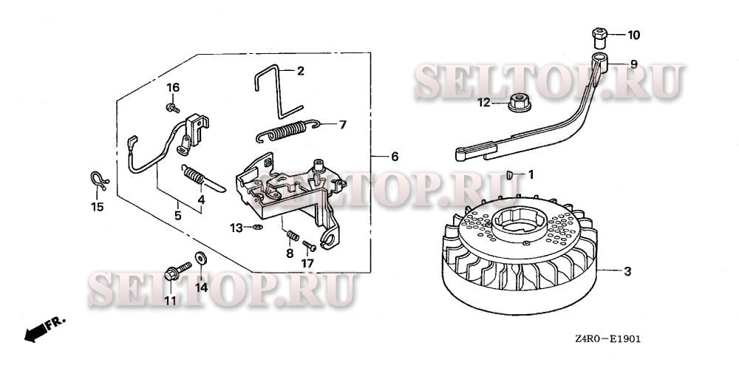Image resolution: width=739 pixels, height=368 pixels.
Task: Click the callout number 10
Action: pos(635,35)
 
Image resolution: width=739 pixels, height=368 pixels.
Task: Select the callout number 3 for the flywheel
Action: pos(627,272)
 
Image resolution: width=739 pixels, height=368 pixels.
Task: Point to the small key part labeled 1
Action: pos(509,174)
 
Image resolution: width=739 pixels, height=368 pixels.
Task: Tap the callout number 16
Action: pos(172,88)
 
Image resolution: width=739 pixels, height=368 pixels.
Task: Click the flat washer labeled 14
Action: pos(200,259)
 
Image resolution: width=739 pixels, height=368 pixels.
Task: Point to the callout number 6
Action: pos(394,157)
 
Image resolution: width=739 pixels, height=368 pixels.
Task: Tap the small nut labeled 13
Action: pos(255,227)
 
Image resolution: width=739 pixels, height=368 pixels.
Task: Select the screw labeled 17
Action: pos(310,245)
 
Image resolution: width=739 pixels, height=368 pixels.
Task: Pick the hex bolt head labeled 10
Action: pos(599,35)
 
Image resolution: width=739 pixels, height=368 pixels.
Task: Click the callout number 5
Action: pos(177,217)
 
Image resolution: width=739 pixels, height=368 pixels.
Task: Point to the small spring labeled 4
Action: pos(194,177)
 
